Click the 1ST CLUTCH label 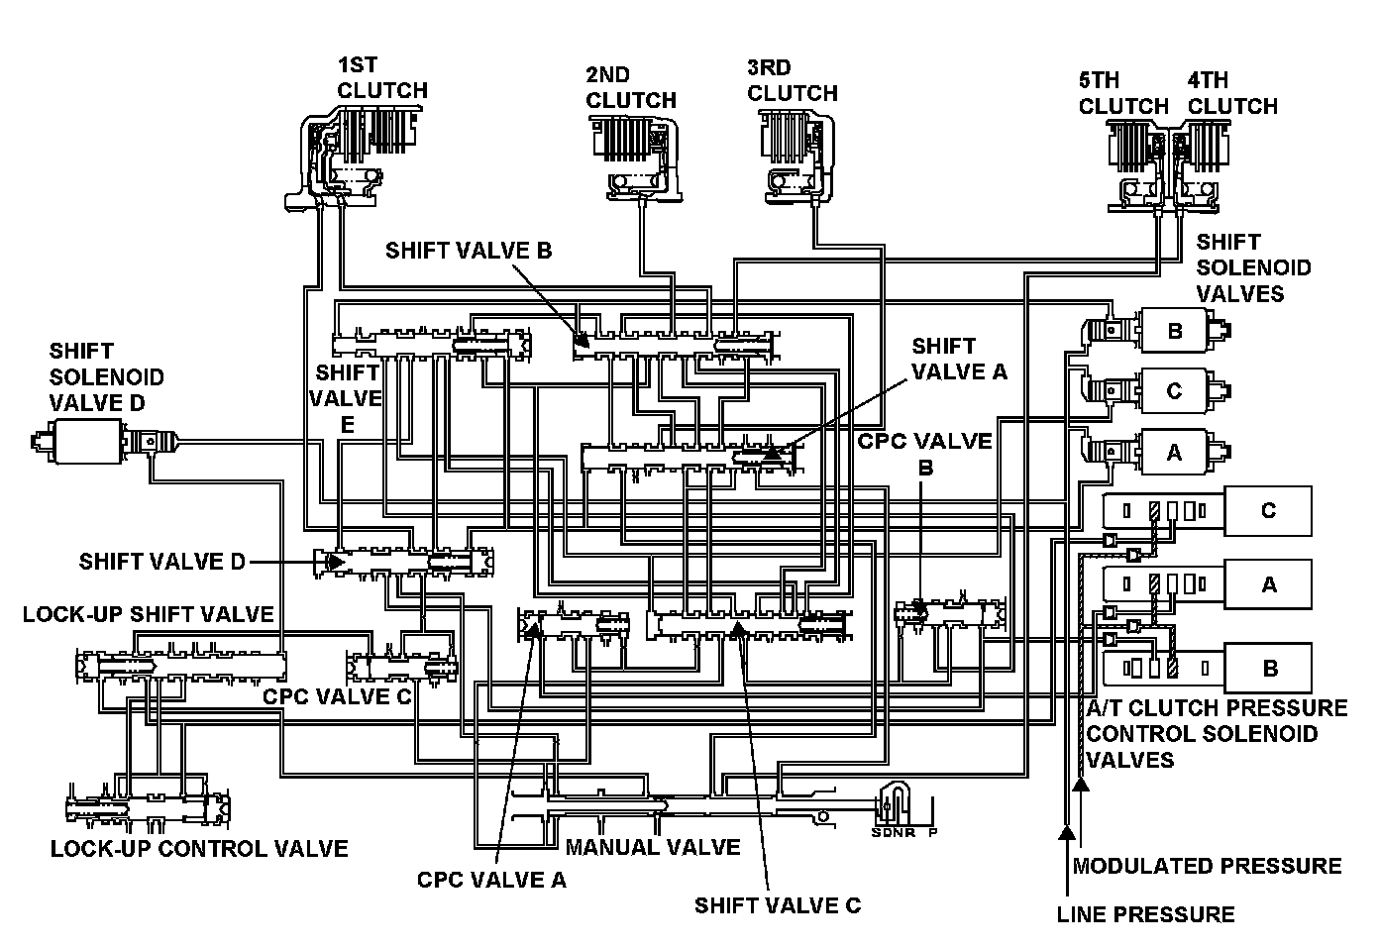click(x=382, y=78)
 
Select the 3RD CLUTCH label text click(x=792, y=80)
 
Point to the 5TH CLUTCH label click(x=1123, y=93)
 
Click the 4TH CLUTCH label click(x=1232, y=93)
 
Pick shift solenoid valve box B click(x=1174, y=331)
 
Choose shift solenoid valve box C click(x=1174, y=391)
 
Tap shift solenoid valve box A click(x=1174, y=452)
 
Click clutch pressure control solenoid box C click(x=1268, y=511)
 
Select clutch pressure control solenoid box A click(x=1268, y=584)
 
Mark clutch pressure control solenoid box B click(x=1268, y=669)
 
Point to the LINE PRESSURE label click(x=1145, y=913)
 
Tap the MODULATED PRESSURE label click(x=1207, y=866)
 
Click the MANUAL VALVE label click(x=652, y=847)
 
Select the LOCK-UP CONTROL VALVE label click(x=199, y=849)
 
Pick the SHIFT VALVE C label click(x=778, y=905)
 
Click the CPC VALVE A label click(x=491, y=880)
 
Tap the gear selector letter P click(x=932, y=832)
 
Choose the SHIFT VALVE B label click(x=469, y=250)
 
